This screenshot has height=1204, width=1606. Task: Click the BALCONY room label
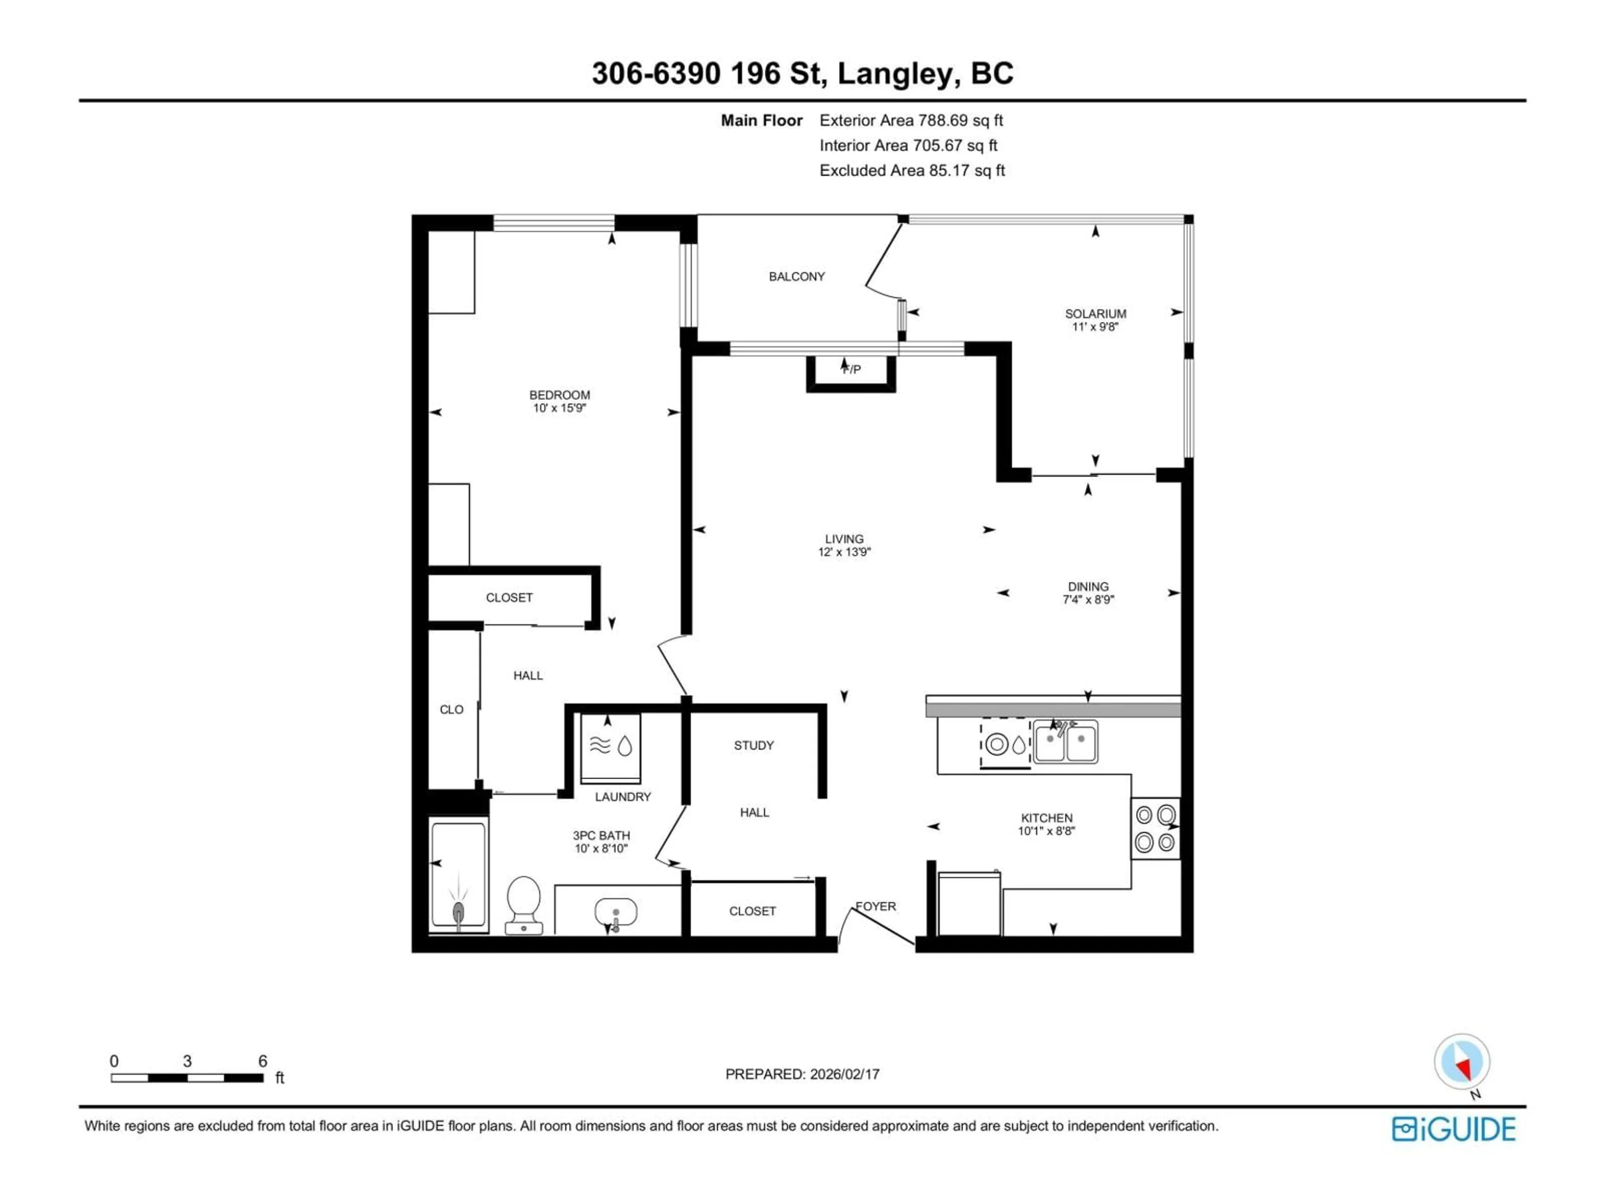tap(796, 276)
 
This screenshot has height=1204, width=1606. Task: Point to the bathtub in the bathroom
tap(458, 875)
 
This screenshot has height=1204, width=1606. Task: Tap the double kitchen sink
tap(1065, 742)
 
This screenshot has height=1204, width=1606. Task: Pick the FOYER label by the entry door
tap(876, 906)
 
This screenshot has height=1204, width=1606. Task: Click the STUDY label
tap(754, 745)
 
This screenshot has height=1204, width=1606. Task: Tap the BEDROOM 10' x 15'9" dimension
tap(559, 408)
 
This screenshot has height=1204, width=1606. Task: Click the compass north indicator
tap(1462, 1062)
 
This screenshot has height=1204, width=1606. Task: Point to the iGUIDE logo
tap(1453, 1129)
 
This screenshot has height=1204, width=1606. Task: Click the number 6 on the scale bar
tap(263, 1061)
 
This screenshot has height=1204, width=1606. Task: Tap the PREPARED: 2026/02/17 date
tap(802, 1074)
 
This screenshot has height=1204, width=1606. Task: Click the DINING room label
tap(1088, 587)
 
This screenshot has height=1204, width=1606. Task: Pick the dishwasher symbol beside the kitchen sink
tap(1005, 744)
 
